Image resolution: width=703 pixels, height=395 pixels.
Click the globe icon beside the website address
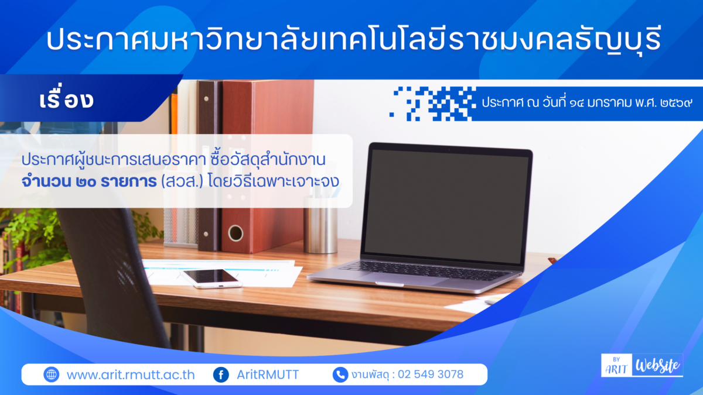click(x=52, y=375)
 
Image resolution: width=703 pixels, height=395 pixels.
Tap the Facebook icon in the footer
click(x=221, y=375)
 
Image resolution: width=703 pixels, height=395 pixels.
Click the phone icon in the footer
click(x=340, y=375)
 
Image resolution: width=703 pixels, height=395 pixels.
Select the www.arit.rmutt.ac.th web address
click(x=130, y=375)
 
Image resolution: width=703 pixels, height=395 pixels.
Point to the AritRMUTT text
click(x=268, y=375)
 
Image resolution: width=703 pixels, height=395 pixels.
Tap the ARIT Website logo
click(x=641, y=365)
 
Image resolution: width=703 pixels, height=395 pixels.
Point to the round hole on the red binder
click(x=236, y=233)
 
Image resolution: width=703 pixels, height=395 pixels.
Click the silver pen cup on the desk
click(x=320, y=228)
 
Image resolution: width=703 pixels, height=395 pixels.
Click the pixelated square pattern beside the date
click(x=434, y=103)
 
